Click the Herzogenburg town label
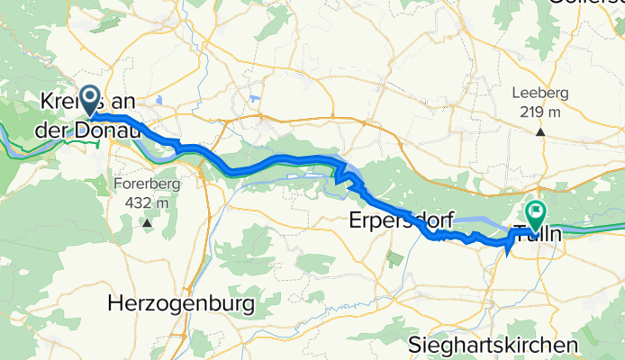180,304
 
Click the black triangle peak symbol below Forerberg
147,220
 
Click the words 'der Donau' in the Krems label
85,131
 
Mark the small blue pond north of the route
258,98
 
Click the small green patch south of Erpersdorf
394,258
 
